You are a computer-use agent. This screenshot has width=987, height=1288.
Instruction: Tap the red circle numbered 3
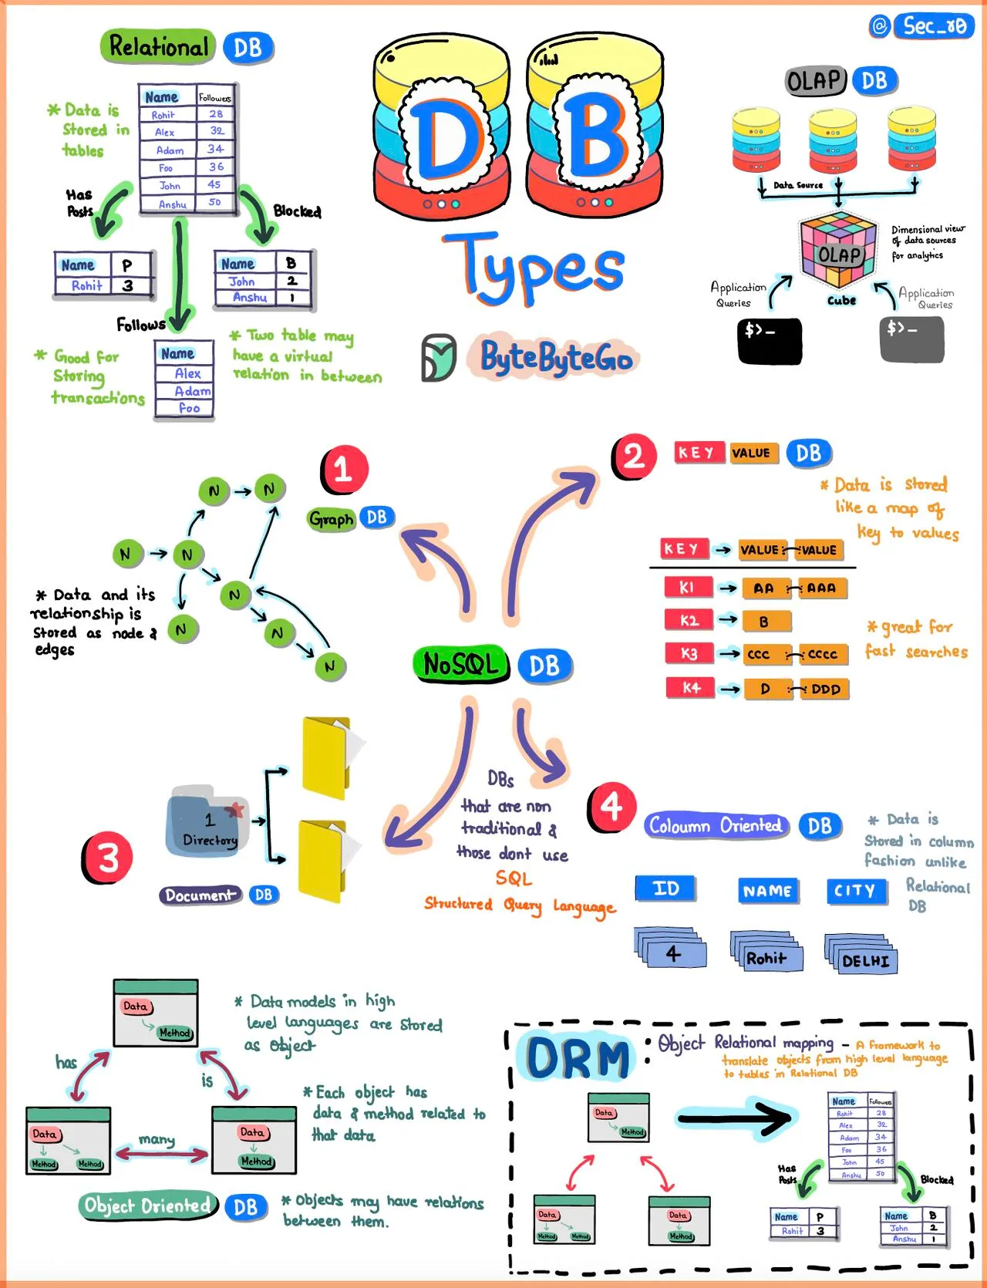coord(107,858)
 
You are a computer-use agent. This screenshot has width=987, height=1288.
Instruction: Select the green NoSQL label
coord(461,664)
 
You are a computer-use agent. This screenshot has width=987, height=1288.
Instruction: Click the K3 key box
coord(689,654)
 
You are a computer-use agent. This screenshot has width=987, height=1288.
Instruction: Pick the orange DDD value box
coord(824,689)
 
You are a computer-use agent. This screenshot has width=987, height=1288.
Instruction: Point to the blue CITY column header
coord(854,891)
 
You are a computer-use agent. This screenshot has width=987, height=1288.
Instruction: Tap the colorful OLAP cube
coord(838,249)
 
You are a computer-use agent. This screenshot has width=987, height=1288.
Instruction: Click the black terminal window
coord(770,340)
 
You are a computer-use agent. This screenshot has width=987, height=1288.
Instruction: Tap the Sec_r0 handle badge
coord(934,26)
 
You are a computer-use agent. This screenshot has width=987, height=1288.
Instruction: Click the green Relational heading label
coord(159,47)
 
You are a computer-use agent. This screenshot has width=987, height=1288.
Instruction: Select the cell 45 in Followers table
coord(214,185)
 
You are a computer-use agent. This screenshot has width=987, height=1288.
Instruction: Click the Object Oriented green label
coord(147,1205)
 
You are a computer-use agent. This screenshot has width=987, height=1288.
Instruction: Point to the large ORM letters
coord(578,1057)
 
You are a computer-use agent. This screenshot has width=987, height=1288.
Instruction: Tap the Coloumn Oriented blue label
coord(715,826)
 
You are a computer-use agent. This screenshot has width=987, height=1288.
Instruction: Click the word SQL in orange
coord(514,878)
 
